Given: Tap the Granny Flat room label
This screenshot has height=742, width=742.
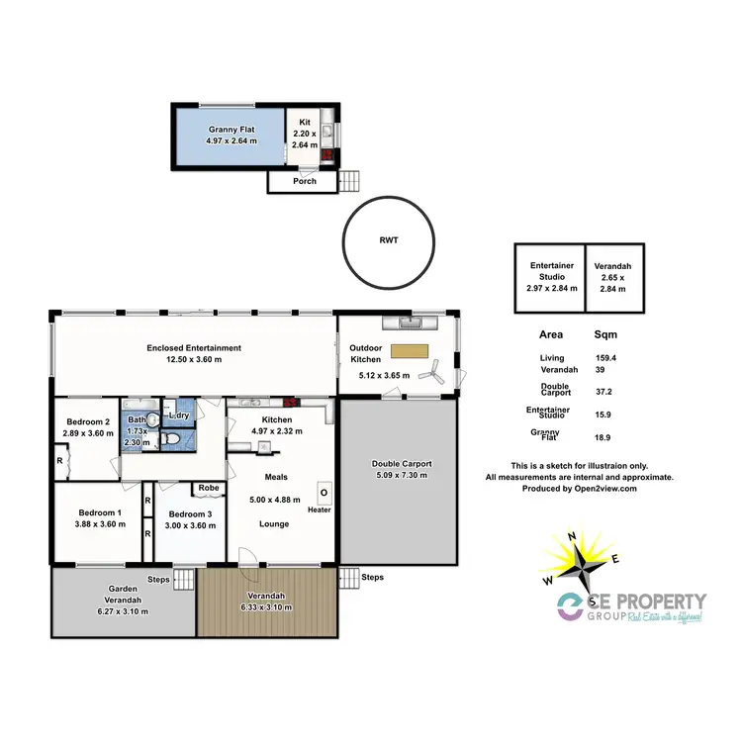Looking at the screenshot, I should (x=232, y=130).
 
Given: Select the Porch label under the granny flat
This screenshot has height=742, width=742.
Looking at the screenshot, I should (x=304, y=182).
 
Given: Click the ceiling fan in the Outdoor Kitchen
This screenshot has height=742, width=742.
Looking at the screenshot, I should (x=432, y=372).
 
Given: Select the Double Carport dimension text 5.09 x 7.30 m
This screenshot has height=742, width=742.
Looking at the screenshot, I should (x=402, y=476).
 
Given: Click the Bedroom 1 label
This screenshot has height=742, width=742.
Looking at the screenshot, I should (x=99, y=512).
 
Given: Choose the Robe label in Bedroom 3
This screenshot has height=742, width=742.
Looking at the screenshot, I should (x=208, y=488).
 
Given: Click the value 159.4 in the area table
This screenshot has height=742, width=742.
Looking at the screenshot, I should (x=603, y=358).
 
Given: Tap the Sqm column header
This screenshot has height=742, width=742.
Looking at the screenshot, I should (x=604, y=334).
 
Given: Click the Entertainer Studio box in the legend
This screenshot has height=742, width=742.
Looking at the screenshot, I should (x=549, y=277).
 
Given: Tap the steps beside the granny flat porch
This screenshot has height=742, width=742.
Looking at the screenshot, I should (x=350, y=181).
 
